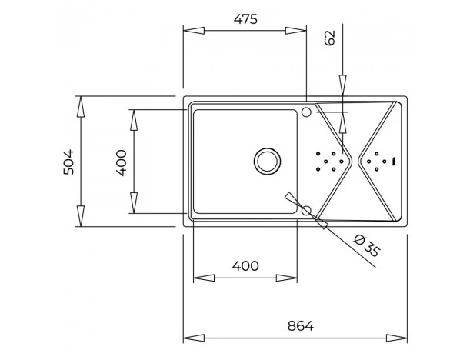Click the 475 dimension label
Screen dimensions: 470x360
[x=245, y=19]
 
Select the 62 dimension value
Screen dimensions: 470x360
[x=330, y=38]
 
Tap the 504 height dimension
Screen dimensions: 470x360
[x=68, y=162]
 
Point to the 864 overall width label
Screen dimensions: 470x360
[x=301, y=326]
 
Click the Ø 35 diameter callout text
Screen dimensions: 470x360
[x=367, y=246]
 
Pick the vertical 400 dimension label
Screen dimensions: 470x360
[x=122, y=163]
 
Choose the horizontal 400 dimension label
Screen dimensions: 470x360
[x=245, y=266]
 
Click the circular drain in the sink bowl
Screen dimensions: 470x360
[x=268, y=161]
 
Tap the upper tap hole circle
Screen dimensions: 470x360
[x=306, y=112]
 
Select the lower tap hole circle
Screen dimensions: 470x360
[x=306, y=211]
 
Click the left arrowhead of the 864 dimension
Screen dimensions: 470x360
[x=194, y=338]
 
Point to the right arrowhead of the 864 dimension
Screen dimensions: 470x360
[x=397, y=338]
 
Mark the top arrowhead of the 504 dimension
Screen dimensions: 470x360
[x=81, y=107]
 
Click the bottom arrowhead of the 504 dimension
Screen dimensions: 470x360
[x=81, y=216]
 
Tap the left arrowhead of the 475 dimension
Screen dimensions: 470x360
[x=194, y=31]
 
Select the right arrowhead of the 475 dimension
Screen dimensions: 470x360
[x=296, y=31]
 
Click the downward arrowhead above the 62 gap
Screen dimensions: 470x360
[x=342, y=85]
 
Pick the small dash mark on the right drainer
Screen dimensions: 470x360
[x=394, y=162]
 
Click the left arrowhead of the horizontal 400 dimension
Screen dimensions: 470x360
[x=204, y=278]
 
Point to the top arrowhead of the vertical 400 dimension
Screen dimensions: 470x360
[x=134, y=120]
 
